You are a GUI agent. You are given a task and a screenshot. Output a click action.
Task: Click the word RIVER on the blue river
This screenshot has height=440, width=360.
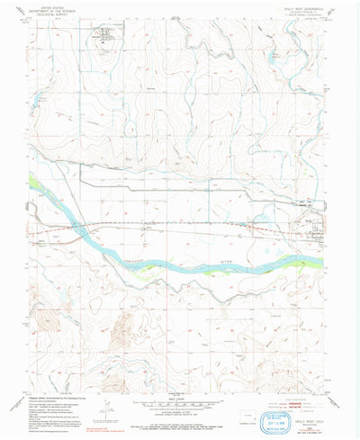tap(219, 266)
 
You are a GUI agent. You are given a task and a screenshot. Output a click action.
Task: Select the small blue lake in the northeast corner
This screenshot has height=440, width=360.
tap(273, 60)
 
